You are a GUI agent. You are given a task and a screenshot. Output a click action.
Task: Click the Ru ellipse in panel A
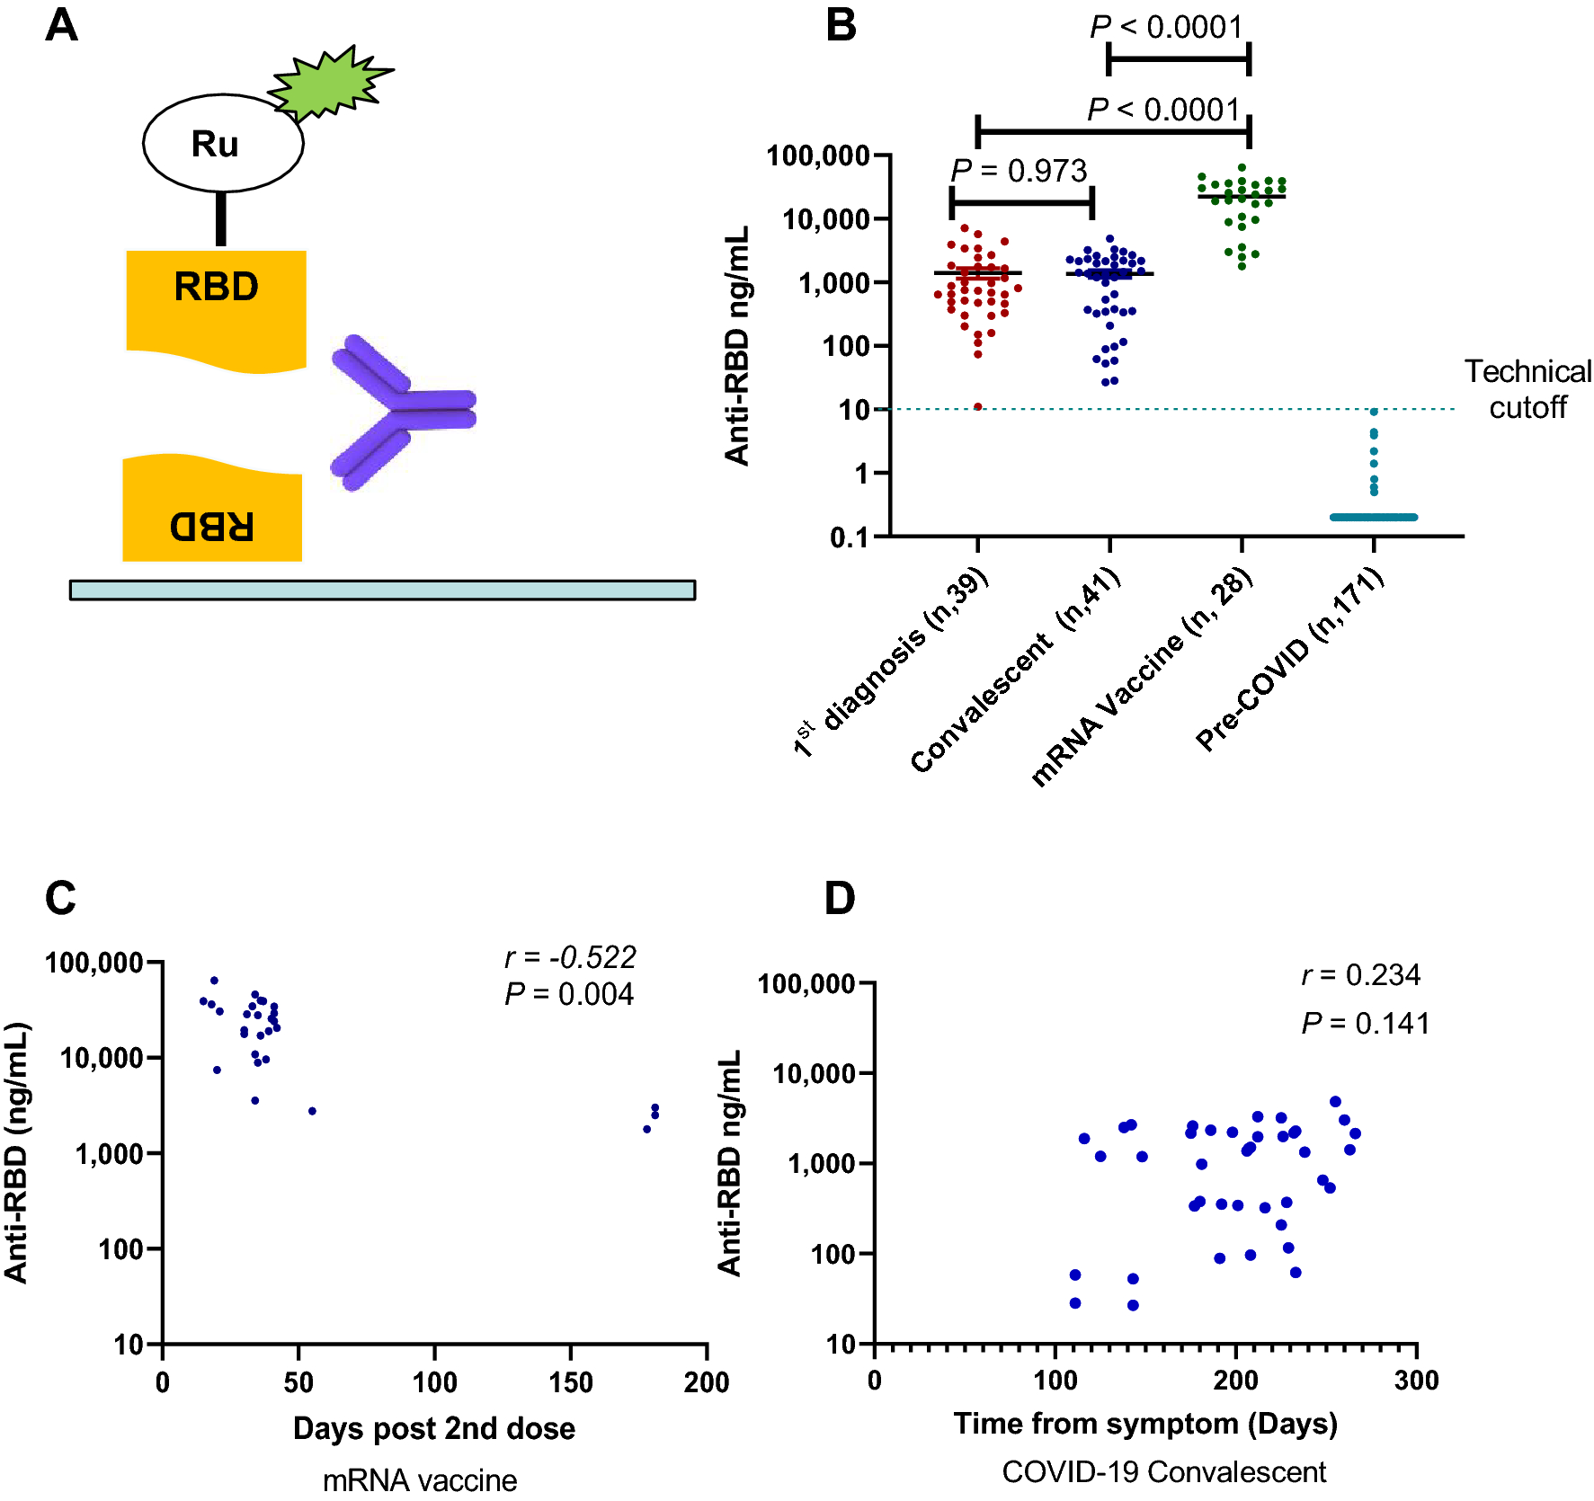coord(222,143)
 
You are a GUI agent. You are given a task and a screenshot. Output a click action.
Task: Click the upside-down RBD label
coord(212,526)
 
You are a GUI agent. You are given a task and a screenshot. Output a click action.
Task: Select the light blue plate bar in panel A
coord(382,590)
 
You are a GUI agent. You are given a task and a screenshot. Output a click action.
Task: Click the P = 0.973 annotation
coord(1019,171)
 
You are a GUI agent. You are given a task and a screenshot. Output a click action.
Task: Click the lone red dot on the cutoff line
coord(978,407)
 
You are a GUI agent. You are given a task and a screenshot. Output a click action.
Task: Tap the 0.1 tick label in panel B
coord(850,537)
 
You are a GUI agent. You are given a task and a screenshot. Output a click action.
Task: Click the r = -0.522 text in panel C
coord(570,957)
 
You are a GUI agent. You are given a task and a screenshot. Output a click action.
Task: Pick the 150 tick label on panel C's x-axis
coord(570,1381)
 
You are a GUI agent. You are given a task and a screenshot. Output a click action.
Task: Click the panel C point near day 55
coord(312,1111)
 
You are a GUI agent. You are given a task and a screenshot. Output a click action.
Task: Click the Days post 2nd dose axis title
coord(433,1428)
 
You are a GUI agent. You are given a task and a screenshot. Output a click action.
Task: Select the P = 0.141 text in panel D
coord(1365,1023)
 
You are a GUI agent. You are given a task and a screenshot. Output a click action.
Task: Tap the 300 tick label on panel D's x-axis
coord(1416,1380)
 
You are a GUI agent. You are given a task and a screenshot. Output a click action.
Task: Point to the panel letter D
coord(840,898)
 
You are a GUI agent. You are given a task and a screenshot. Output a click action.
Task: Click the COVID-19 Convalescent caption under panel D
coord(1163,1472)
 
